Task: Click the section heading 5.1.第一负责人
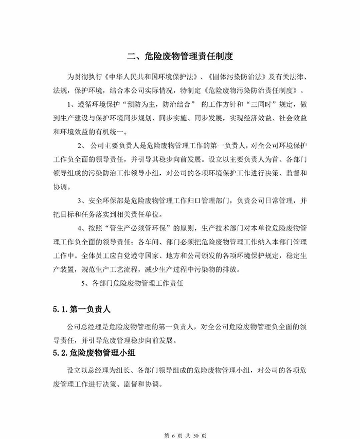coord(81,310)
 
